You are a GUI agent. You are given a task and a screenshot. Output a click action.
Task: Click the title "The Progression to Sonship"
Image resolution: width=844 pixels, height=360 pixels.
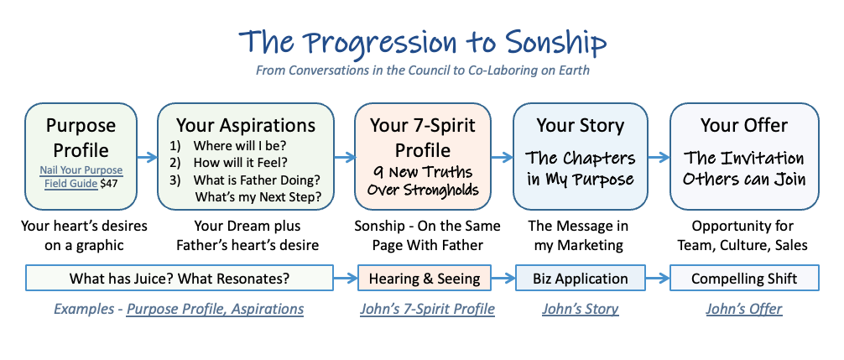[423, 42]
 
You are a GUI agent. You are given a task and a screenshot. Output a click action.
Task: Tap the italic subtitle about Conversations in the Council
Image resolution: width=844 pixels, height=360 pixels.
[423, 70]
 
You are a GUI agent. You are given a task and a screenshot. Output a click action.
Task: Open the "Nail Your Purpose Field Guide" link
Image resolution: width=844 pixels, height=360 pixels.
[81, 177]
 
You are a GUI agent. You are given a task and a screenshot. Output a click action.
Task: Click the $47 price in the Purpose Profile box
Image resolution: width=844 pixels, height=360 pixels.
[108, 184]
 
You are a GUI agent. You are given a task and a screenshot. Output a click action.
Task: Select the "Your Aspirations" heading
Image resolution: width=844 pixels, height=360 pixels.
[246, 125]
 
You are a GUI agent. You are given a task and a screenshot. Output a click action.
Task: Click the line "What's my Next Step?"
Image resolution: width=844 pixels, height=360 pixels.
[258, 197]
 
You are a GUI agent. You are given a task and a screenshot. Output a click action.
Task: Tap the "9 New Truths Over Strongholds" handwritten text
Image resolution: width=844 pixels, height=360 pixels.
[422, 180]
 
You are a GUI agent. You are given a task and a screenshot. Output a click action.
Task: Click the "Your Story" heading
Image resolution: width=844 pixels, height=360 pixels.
[580, 125]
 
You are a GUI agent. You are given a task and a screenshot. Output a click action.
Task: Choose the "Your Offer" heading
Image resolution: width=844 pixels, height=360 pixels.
[744, 125]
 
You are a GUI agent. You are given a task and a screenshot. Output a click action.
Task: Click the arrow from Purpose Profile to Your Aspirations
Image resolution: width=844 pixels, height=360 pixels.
[147, 157]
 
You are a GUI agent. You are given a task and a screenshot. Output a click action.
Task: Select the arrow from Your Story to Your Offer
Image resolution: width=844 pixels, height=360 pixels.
[659, 157]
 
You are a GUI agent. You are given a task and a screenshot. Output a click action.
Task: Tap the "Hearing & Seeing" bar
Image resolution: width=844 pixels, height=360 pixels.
[425, 279]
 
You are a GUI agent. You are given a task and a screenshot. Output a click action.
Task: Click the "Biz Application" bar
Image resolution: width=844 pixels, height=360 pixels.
[581, 279]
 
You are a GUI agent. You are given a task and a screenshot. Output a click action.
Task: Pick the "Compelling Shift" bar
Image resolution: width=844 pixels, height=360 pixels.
[744, 279]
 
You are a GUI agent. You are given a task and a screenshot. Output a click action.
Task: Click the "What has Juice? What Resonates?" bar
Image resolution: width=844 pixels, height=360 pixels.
[180, 279]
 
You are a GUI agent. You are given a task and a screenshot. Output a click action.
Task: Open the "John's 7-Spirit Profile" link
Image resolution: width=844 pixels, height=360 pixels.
[427, 310]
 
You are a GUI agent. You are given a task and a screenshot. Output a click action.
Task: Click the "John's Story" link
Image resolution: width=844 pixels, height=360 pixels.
[581, 310]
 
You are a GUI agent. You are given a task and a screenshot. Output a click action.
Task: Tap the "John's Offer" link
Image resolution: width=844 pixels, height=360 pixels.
[744, 310]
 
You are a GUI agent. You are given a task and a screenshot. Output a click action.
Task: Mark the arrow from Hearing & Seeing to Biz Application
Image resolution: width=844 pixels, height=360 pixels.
[503, 279]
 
